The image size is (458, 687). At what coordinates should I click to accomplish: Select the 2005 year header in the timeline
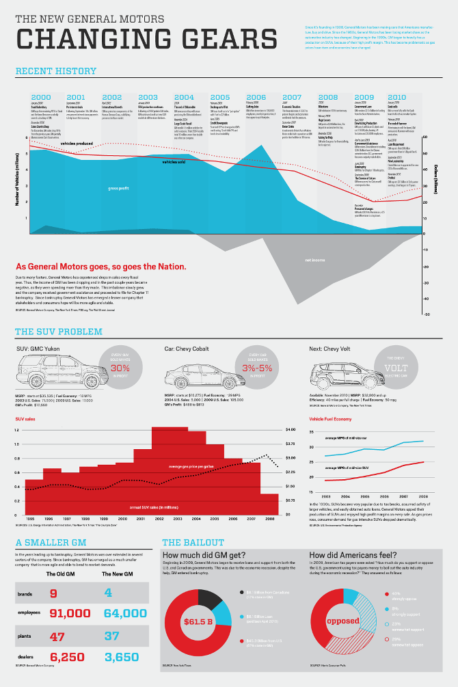click(x=220, y=97)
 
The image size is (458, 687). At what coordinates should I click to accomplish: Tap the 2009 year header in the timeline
click(x=364, y=97)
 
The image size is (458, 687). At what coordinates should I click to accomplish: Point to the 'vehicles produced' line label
click(x=77, y=143)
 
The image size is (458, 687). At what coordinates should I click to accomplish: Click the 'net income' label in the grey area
click(x=314, y=260)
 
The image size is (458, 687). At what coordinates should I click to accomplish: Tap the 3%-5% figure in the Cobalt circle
click(x=258, y=368)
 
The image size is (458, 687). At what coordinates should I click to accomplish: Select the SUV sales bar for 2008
click(x=269, y=503)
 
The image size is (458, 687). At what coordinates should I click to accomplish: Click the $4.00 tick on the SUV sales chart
click(x=291, y=429)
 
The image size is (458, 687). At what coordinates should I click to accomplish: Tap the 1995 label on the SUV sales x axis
click(x=30, y=519)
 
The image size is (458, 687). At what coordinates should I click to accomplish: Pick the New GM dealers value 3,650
click(x=125, y=657)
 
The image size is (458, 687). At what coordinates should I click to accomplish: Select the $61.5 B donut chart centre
click(x=198, y=621)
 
